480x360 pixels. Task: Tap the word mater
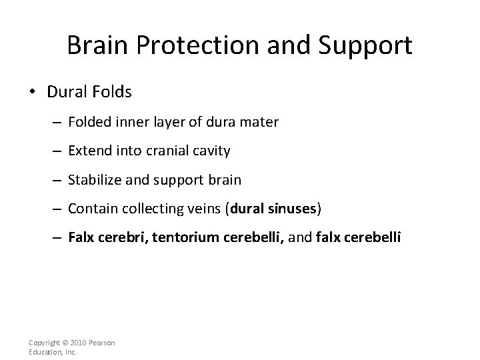(260, 122)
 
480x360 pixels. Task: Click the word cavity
(210, 151)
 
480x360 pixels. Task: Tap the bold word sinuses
(293, 209)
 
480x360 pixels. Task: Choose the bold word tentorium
(183, 238)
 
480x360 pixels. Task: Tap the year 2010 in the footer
(78, 343)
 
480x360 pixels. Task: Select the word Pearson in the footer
(103, 343)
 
